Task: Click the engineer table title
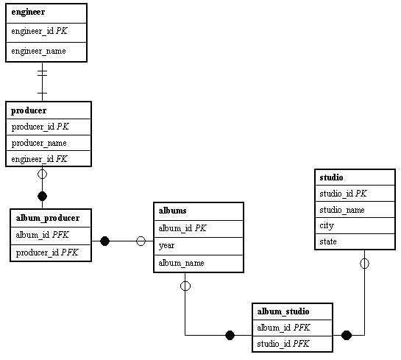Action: point(28,13)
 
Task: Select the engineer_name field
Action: point(38,52)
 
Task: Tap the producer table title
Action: point(29,110)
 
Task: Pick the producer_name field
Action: point(39,143)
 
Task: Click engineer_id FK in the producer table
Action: point(40,159)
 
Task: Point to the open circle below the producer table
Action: point(42,174)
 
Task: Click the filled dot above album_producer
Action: point(42,197)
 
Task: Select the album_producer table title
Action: point(48,218)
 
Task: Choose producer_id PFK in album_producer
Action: point(47,253)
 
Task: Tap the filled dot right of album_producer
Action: point(105,241)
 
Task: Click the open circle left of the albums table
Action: point(141,241)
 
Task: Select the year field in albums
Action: point(166,246)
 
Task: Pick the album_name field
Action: point(181,263)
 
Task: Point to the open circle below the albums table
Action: point(185,286)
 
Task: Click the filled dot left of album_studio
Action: point(230,335)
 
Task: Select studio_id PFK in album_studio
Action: point(283,344)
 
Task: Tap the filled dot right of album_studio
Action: point(347,335)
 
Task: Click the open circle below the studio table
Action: point(364,264)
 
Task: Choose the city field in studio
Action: point(327,226)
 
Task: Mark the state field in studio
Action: point(328,241)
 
